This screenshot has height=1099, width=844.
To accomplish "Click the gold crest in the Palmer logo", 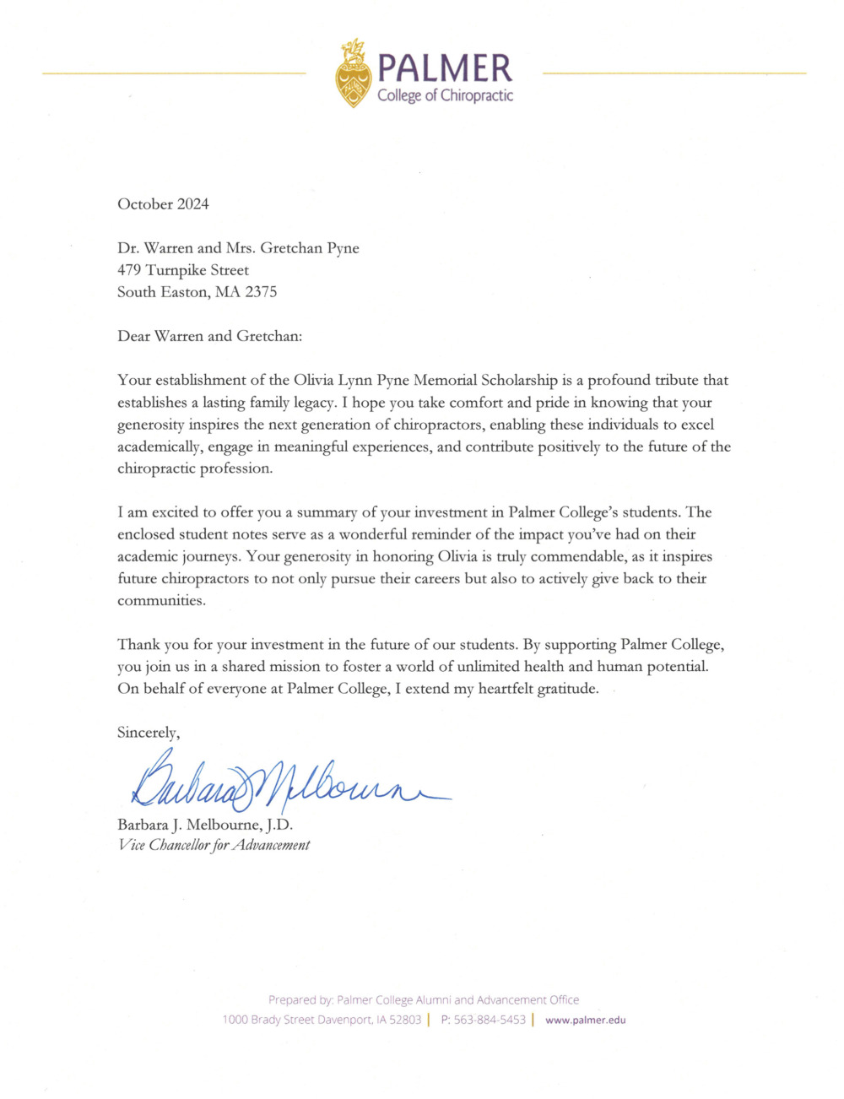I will point(354,73).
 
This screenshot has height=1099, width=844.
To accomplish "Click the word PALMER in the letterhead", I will point(444,68).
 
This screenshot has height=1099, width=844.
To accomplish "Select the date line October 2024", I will point(163,204).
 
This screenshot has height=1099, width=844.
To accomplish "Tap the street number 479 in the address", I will point(129,270).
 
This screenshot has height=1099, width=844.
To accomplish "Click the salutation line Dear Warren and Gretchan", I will point(209,336).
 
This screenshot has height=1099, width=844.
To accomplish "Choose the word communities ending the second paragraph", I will point(160,601).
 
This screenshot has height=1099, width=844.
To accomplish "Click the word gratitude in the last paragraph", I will point(562,689).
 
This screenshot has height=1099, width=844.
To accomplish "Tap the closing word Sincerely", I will point(148,733).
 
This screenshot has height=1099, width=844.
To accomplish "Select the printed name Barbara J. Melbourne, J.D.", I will point(205,825).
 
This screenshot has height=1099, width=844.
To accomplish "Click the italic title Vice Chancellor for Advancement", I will point(214,845).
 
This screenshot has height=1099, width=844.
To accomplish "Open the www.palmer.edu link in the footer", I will point(586,1020).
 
